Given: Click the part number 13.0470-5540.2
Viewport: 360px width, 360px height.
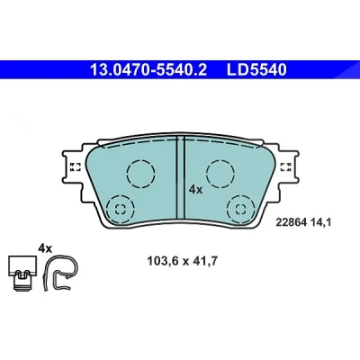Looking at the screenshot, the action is (148, 70).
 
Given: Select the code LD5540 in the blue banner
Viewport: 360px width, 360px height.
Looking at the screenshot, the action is (256, 70).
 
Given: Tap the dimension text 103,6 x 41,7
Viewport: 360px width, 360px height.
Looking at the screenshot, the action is (182, 261).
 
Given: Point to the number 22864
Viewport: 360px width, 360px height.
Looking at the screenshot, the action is (291, 222).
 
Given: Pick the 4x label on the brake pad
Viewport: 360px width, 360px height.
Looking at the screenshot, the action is (195, 190).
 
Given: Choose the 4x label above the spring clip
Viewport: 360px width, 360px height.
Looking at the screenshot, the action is (45, 248).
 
